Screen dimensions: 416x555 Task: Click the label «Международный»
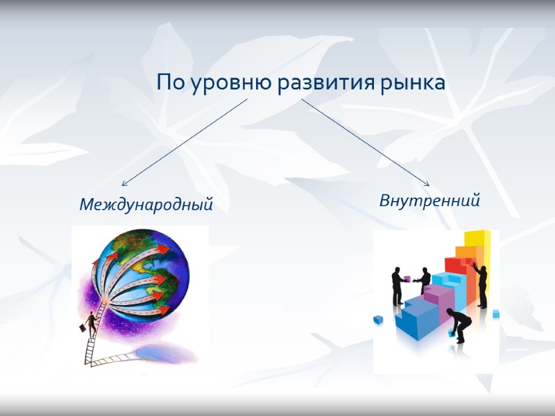point(146,205)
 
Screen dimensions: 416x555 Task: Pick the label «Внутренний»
point(429,201)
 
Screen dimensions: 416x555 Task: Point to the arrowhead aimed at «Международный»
point(124,184)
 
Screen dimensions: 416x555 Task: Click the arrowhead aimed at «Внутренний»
point(426,183)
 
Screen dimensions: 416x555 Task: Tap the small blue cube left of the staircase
point(378,320)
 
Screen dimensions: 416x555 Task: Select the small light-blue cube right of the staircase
point(496,314)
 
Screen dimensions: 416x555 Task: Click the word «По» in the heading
point(167,84)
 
